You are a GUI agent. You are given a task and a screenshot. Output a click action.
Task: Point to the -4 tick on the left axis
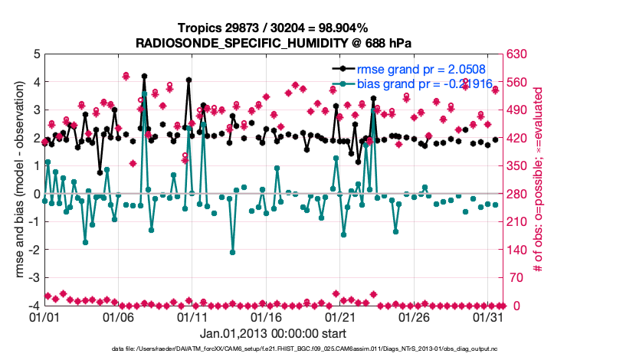point(34,306)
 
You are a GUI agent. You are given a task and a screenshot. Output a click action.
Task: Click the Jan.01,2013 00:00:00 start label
point(273,333)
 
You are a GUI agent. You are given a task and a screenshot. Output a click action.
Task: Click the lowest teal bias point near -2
point(232,252)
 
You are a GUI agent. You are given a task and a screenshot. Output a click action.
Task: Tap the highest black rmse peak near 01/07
point(144,77)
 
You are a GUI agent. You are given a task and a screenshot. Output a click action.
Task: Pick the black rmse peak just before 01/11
point(189,80)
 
